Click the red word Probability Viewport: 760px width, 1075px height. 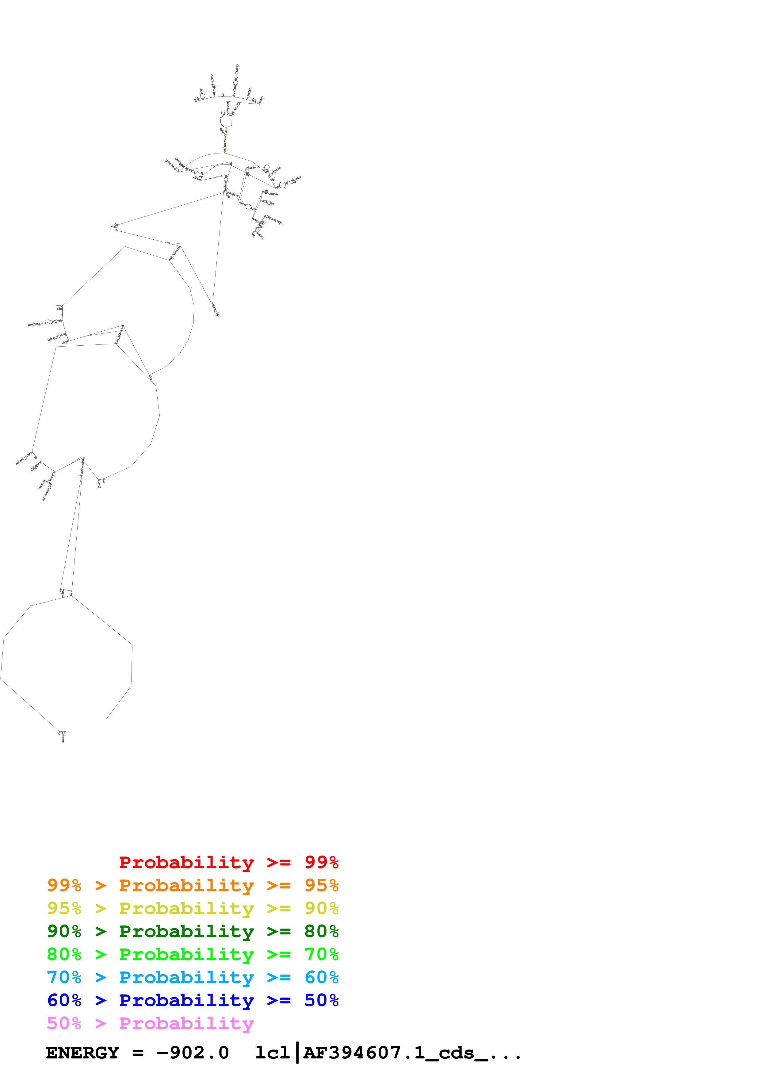tap(186, 862)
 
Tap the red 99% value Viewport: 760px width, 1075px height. tap(321, 862)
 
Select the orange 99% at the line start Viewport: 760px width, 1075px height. tap(64, 885)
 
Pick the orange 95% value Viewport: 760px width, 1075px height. tap(321, 885)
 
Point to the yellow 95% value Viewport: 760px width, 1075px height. tap(64, 908)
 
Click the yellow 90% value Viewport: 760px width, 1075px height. tap(321, 908)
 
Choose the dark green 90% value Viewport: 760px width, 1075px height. tap(64, 931)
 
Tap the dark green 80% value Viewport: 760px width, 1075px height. tap(321, 931)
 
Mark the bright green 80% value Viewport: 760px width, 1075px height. tap(64, 954)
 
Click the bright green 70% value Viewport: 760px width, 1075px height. tap(321, 954)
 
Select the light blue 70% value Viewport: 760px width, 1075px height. tap(64, 977)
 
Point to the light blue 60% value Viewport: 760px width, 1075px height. tap(321, 977)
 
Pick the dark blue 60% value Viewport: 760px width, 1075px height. tap(64, 1000)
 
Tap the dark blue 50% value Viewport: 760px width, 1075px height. tap(321, 1000)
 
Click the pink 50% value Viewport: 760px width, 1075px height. tap(64, 1023)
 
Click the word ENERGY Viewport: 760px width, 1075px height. tap(82, 1053)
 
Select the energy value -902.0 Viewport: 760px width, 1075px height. tap(193, 1053)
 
